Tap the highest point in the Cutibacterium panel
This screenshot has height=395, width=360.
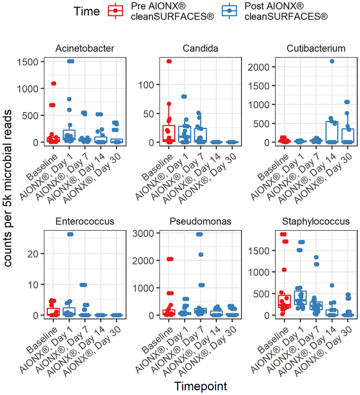pos(332,61)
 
